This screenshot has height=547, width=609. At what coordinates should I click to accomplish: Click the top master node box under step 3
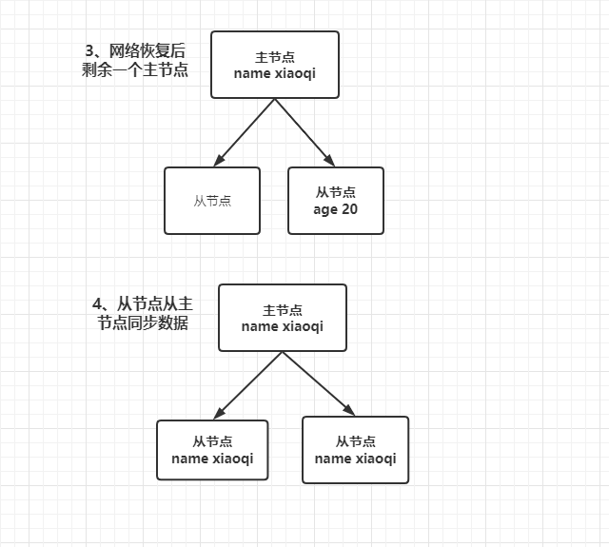[275, 65]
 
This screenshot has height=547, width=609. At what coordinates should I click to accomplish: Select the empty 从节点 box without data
[211, 201]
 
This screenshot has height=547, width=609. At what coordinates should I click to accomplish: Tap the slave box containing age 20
[335, 201]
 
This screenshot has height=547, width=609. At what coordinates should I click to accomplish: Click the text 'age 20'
[335, 209]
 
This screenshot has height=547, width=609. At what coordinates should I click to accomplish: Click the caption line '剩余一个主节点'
[134, 70]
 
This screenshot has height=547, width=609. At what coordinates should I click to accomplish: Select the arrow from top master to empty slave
[245, 130]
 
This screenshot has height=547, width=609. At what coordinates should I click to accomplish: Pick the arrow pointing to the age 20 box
[305, 130]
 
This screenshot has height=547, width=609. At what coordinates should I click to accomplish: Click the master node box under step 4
[282, 318]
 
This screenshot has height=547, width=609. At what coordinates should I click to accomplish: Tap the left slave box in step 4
[211, 450]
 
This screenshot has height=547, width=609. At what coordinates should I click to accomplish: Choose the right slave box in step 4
[354, 450]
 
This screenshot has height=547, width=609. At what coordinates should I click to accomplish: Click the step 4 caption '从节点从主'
[143, 304]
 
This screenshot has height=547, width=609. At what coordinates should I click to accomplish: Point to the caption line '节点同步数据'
[143, 323]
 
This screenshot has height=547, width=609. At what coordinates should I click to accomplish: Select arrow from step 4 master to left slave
[248, 384]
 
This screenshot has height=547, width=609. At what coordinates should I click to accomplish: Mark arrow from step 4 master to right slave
[318, 384]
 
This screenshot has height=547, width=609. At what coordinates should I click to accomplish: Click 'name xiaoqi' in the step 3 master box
[275, 73]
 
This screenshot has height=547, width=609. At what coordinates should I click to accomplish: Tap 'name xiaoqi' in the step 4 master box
[282, 326]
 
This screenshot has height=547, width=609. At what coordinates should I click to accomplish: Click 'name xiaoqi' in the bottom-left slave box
[211, 459]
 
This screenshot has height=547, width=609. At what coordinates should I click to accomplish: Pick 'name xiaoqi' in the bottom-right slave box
[354, 459]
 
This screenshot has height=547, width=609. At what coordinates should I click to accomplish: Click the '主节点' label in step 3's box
[275, 56]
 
